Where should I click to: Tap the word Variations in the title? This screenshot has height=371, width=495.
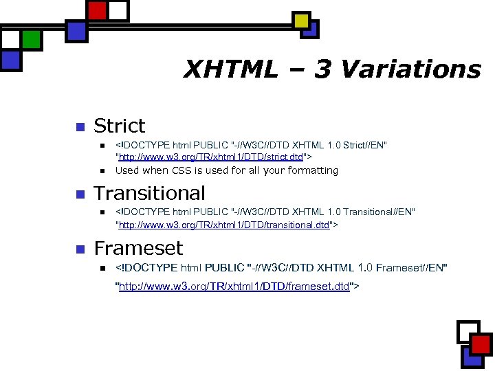[410, 69]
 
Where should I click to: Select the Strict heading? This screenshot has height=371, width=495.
[120, 126]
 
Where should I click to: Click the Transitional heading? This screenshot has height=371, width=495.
[149, 193]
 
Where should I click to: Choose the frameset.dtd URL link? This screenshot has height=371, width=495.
[234, 286]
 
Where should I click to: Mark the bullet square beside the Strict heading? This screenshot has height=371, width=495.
[79, 127]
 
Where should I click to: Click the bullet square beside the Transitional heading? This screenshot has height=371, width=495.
[79, 194]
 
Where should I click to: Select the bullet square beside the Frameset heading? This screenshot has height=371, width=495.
[79, 249]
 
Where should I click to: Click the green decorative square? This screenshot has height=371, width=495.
[31, 39]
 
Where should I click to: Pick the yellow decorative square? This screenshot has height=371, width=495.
[301, 21]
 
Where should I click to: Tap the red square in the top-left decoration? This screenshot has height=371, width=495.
[98, 10]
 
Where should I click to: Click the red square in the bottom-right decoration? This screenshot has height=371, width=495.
[481, 344]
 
